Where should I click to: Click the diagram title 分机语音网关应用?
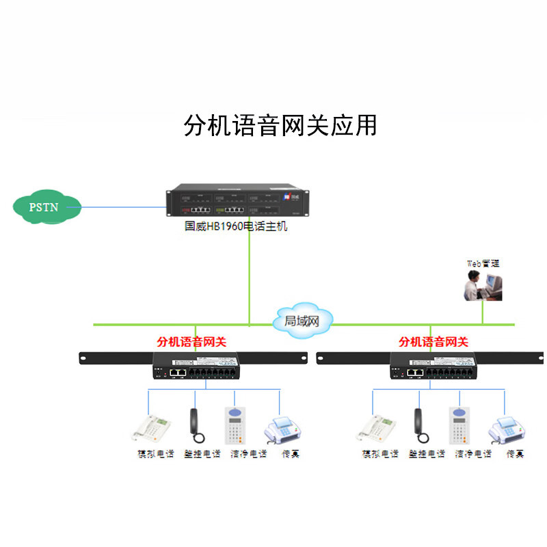[x=280, y=125]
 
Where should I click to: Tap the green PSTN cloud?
[x=46, y=206]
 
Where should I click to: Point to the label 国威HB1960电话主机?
[x=236, y=226]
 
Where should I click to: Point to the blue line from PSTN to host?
[x=123, y=205]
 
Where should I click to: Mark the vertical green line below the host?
[x=250, y=273]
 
